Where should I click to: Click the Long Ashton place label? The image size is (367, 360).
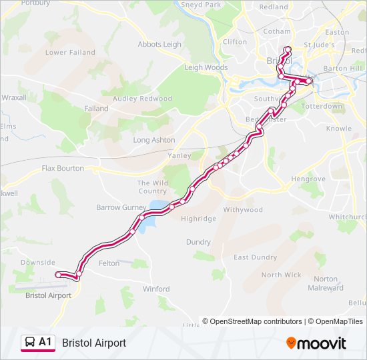pos(154,140)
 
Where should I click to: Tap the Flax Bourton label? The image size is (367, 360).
pos(63,169)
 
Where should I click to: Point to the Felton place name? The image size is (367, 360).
pos(109,263)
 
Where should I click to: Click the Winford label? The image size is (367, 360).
pos(156,289)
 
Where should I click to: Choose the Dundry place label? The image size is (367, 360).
pos(198,242)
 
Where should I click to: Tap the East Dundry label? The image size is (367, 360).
pos(255,257)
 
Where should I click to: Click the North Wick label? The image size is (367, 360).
pos(281,275)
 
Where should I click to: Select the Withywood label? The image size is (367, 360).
pos(243,209)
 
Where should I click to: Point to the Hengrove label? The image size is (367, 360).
pos(308,179)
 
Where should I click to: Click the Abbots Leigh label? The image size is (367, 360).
pos(159,45)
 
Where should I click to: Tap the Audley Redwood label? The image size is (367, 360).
pos(142,99)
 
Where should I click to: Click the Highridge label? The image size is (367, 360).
pos(199,219)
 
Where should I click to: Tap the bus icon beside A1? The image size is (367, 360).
pos(29,343)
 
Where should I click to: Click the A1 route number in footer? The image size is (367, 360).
pos(45,342)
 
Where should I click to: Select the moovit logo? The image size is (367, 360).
pos(316,343)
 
